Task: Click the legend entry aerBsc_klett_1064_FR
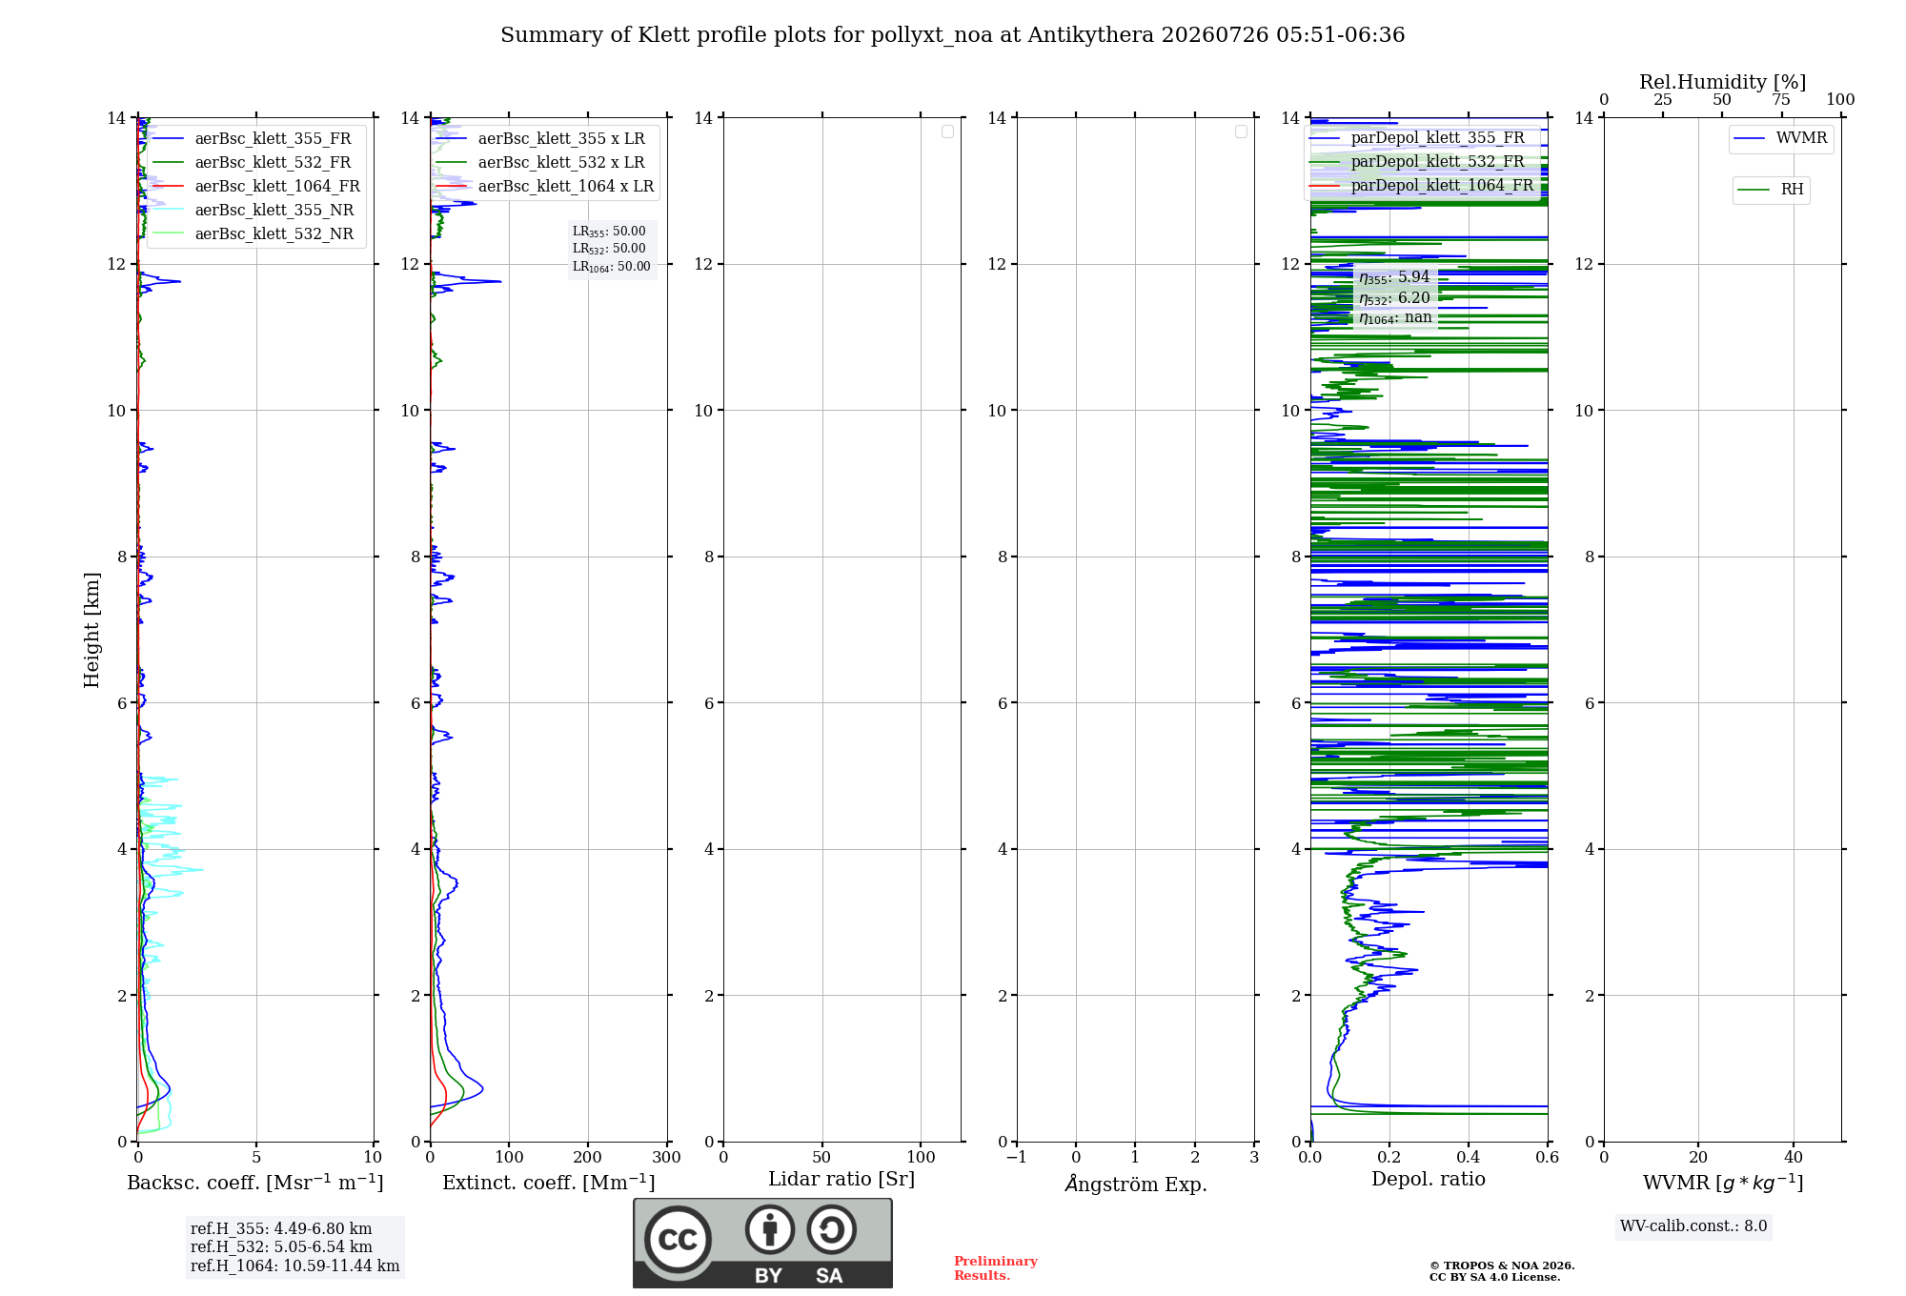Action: (277, 186)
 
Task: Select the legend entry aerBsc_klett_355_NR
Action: (274, 210)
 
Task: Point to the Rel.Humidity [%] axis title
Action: (1722, 82)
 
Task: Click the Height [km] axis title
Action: (91, 629)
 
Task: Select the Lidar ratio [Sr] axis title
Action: (841, 1179)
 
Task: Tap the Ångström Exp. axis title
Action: (1136, 1183)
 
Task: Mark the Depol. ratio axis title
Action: (1429, 1179)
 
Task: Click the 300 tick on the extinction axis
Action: (667, 1157)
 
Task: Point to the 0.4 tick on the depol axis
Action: (1469, 1157)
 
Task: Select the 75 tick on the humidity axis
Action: (1781, 99)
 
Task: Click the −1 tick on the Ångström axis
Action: (1017, 1157)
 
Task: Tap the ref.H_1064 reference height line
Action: (294, 1266)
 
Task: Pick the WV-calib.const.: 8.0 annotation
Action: (1693, 1225)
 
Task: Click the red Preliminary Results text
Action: (996, 1268)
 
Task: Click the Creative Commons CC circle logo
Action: (678, 1240)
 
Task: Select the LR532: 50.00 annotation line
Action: (609, 249)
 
